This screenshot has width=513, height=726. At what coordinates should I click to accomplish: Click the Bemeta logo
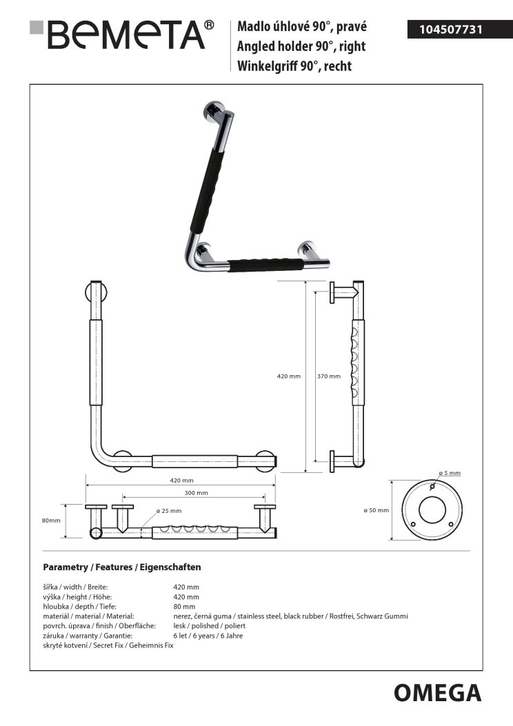coord(122,34)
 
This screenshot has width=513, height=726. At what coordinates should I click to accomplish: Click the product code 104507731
coord(451,30)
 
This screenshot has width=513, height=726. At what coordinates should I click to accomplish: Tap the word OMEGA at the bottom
coord(438,693)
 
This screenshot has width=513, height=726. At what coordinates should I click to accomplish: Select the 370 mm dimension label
coord(329,376)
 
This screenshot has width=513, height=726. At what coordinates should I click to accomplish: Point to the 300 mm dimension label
coord(197,493)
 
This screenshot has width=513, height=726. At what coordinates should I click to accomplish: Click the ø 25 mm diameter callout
coord(169,511)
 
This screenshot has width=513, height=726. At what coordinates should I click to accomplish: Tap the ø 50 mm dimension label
coord(376,510)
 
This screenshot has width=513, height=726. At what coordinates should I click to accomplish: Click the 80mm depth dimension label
coord(51,521)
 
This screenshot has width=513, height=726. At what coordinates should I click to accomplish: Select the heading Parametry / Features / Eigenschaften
coord(122,567)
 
